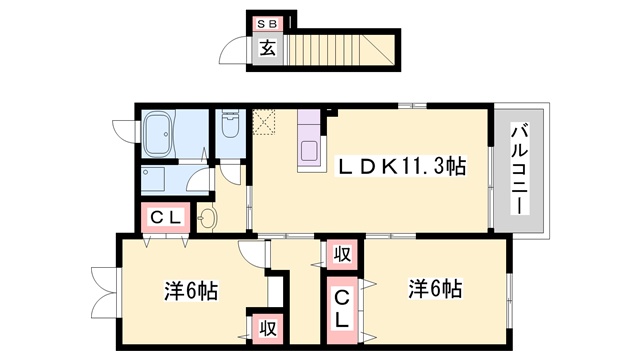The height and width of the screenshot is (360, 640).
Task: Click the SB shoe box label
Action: point(267,24)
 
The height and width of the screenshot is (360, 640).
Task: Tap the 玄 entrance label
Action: point(268,48)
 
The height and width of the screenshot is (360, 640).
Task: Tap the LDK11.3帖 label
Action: point(400,166)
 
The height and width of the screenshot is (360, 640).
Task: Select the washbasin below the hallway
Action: point(207,219)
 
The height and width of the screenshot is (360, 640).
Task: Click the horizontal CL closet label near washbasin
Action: point(165,218)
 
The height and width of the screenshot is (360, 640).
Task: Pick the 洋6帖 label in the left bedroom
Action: point(191,291)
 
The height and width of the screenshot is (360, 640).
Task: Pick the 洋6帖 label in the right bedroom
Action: point(436,289)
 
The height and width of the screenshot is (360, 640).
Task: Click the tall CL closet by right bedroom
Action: point(342,310)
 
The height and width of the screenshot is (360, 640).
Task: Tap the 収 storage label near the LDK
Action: point(342,255)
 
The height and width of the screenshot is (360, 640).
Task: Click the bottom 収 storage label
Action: point(268,329)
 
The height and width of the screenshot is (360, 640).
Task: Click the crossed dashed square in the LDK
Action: point(264,122)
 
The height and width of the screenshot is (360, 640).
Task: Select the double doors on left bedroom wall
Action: point(105,291)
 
